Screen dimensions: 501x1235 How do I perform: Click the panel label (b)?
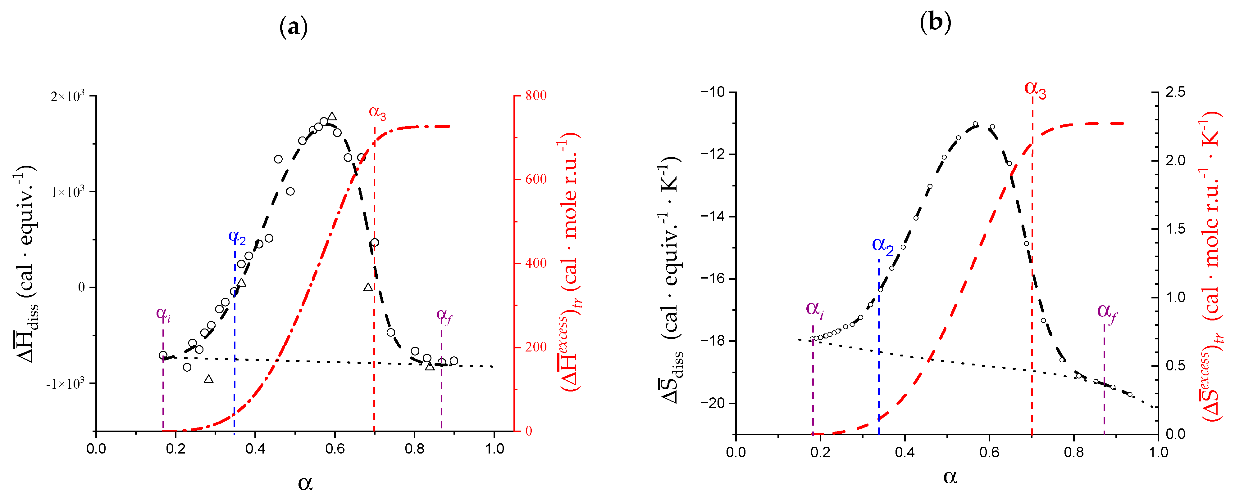coord(935,23)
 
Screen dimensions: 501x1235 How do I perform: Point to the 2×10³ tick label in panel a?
coord(68,96)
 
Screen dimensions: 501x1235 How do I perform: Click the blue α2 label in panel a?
coord(237,237)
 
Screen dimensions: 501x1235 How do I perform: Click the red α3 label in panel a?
coord(377,113)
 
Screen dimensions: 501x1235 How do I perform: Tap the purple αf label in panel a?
coord(444,315)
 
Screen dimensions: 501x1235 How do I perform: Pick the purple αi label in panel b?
coord(814,309)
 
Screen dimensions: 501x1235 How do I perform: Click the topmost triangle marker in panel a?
coord(332,116)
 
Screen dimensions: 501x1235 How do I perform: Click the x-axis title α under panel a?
coord(305,482)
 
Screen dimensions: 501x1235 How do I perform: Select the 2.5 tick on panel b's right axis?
coord(1175,92)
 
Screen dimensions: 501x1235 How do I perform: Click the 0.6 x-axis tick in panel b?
coord(989,453)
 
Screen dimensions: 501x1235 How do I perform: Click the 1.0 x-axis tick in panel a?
coord(494,449)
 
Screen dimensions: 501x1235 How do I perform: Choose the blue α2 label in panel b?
coord(882,246)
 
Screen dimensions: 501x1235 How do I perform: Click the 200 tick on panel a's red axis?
coord(535,347)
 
